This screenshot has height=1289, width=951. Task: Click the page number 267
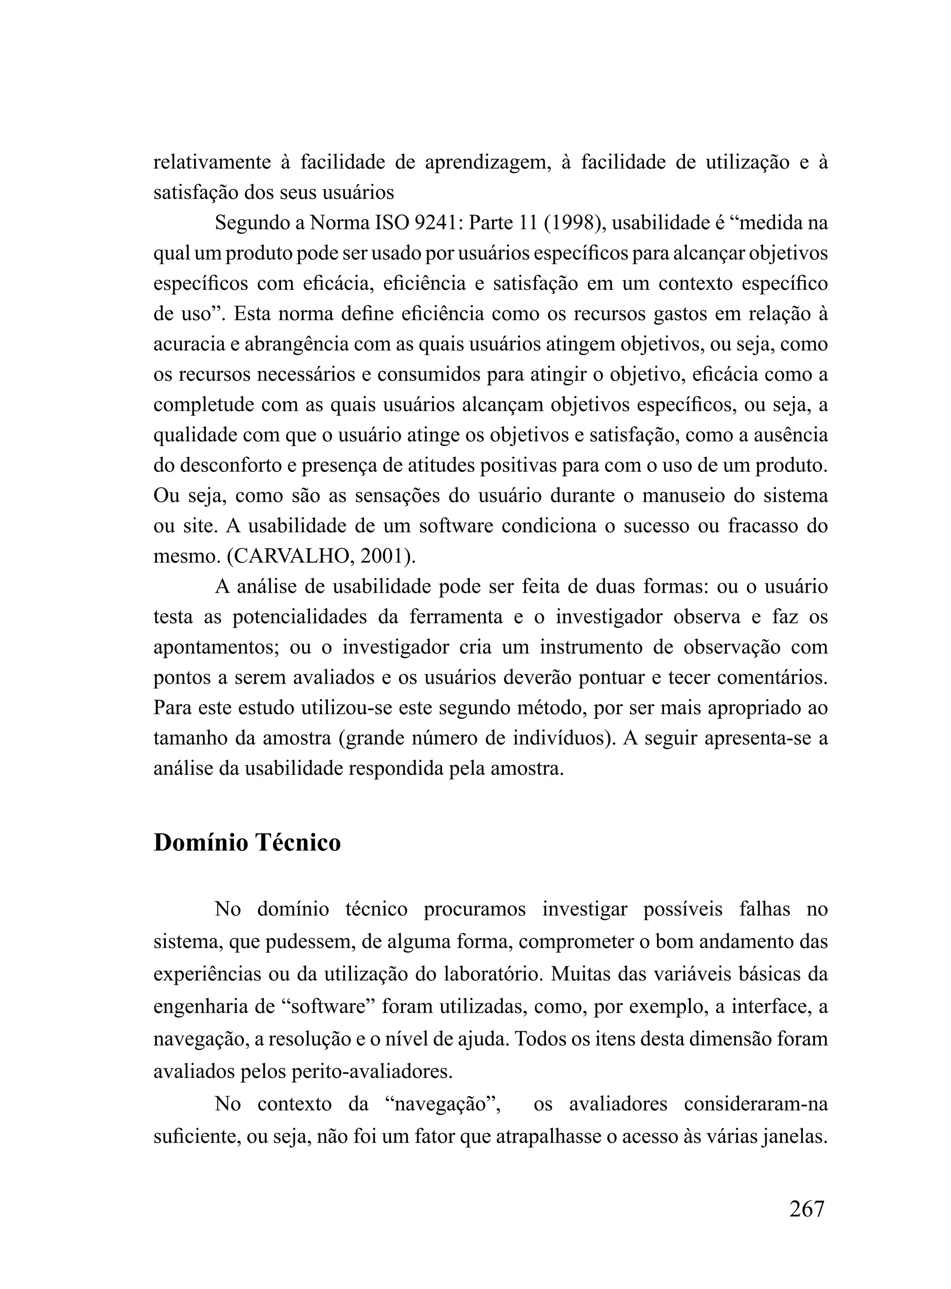806,1208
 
